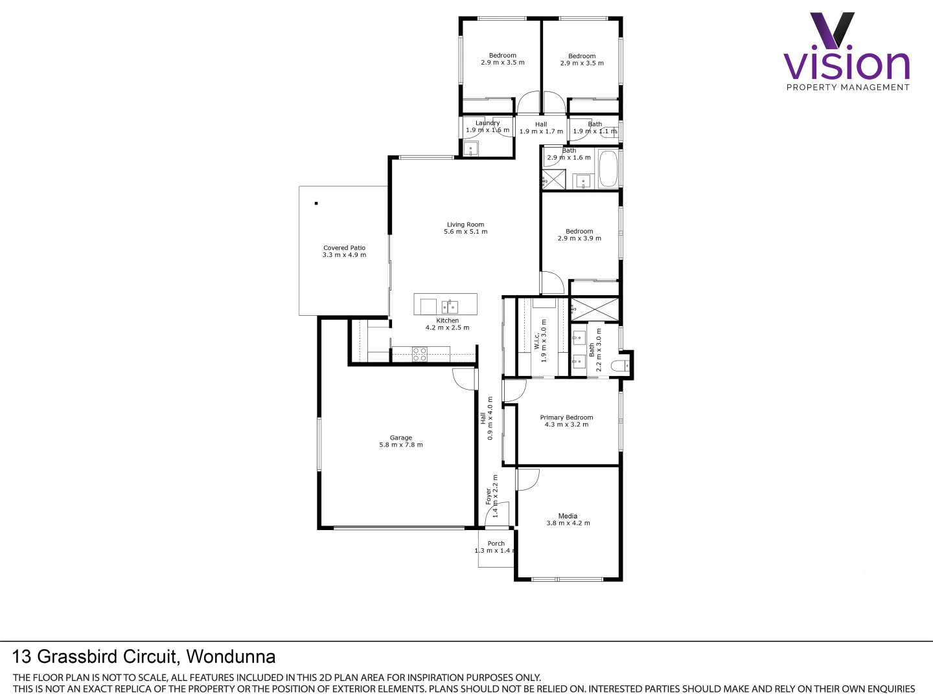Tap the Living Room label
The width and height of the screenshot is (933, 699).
465,225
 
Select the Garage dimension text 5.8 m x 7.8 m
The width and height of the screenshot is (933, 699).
400,445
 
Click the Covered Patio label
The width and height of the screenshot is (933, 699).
344,248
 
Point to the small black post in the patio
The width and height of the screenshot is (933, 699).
316,203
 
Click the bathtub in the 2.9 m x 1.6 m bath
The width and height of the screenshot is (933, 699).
608,168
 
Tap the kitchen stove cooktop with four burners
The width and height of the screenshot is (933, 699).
420,354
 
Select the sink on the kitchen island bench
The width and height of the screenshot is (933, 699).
449,306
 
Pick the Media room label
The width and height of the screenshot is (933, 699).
568,516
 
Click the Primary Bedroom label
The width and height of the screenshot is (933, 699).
566,417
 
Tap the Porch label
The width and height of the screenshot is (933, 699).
496,544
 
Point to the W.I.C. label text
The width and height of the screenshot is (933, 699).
536,341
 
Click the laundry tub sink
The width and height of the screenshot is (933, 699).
471,149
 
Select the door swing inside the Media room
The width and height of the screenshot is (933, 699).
527,480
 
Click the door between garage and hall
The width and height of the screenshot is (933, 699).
465,379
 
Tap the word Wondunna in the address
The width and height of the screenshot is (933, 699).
231,656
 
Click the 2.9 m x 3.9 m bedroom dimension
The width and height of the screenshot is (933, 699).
579,239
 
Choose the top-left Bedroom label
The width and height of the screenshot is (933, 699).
502,56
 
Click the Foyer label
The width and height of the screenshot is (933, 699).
489,496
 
